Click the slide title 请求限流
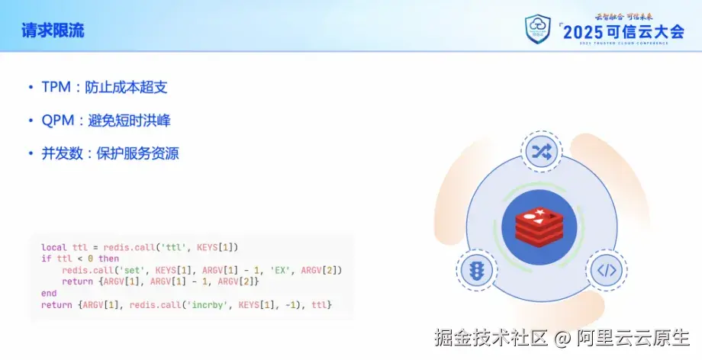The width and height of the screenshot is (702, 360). (52, 31)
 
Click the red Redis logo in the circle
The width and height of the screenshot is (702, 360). (539, 224)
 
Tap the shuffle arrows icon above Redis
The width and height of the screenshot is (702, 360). (541, 151)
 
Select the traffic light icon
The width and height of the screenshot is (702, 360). (476, 270)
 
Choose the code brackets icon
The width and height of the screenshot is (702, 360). (606, 270)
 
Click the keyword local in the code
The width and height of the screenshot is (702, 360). (54, 248)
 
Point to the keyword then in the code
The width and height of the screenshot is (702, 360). (108, 259)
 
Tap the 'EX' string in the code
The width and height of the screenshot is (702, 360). (280, 271)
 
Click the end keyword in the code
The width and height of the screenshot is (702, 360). (49, 294)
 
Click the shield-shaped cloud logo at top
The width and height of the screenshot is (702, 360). (539, 29)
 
